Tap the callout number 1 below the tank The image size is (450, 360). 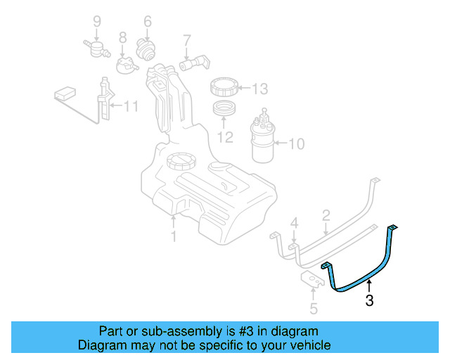tap(174, 236)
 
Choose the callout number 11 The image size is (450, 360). tap(131, 107)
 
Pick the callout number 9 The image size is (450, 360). tap(97, 21)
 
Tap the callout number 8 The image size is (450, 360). tap(122, 37)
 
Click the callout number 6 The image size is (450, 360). tap(148, 21)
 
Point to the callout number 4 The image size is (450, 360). tap(295, 224)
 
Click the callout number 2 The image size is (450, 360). tap(326, 214)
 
